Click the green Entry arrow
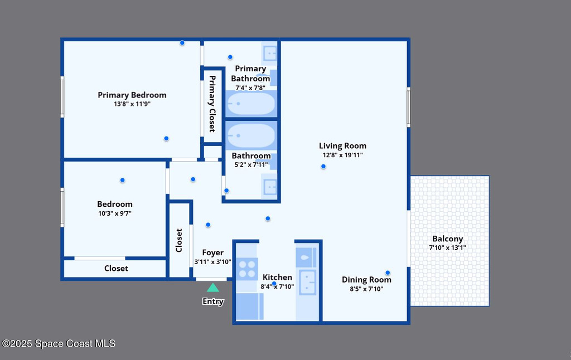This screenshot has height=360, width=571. (213, 288)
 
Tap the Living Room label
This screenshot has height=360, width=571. (343, 146)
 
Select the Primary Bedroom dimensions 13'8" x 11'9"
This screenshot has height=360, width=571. (132, 104)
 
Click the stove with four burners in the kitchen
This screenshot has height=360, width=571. (247, 269)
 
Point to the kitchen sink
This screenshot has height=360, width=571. (308, 282)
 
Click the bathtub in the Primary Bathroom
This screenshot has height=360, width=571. (251, 104)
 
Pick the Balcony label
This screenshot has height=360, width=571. (448, 239)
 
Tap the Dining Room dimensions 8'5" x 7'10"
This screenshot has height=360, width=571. (366, 289)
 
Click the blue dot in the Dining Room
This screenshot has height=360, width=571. (388, 273)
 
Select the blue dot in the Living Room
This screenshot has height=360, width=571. (323, 167)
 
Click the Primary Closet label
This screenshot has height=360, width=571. (212, 104)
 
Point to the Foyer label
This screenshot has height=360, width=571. (213, 252)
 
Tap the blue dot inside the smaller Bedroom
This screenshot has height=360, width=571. (122, 180)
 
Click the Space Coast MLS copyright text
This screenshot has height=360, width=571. (59, 344)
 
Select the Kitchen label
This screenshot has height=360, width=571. (277, 278)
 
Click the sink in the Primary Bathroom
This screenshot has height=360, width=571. (270, 54)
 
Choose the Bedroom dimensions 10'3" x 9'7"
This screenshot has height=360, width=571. (115, 213)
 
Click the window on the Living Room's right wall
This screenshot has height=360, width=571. (409, 108)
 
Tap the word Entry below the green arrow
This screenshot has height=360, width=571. (213, 301)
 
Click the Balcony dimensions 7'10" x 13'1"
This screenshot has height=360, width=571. (448, 248)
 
